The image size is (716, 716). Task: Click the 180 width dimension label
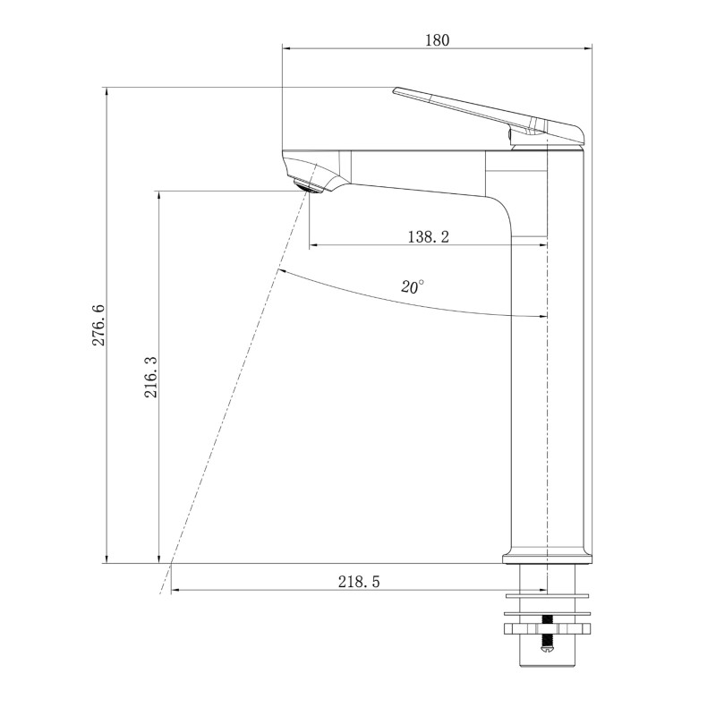tap(438, 40)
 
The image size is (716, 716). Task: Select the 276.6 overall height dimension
tap(98, 325)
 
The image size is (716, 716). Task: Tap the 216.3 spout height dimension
tap(150, 377)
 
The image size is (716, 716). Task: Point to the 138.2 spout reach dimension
tap(429, 236)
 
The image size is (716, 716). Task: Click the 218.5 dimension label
tap(359, 581)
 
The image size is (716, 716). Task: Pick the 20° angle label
tap(413, 286)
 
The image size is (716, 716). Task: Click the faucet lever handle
tap(489, 117)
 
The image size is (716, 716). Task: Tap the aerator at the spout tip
tap(308, 186)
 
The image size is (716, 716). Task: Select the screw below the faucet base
tap(547, 635)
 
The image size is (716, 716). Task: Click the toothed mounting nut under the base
tap(547, 629)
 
